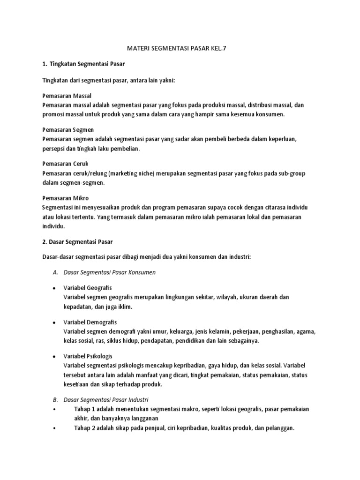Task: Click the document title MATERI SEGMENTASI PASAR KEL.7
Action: pos(180,48)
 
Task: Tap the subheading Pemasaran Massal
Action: pos(67,96)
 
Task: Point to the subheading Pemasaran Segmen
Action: pos(67,129)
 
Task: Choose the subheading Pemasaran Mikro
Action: pos(65,198)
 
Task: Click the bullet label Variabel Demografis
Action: pos(90,322)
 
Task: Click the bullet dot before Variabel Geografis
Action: pos(54,288)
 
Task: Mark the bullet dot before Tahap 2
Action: pos(54,428)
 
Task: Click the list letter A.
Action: pos(55,272)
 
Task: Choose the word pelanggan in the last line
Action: pos(279,428)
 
